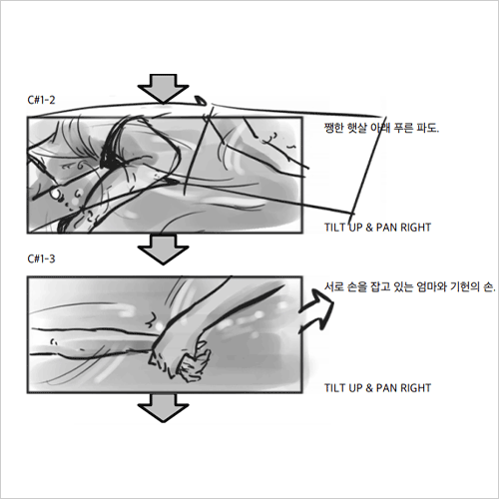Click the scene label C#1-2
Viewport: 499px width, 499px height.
tap(41, 100)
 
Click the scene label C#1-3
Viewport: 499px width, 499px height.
tap(41, 258)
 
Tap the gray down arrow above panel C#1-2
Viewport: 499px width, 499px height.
tap(164, 89)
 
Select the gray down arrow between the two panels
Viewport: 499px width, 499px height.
tap(164, 249)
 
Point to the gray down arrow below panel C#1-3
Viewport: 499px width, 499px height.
tap(164, 408)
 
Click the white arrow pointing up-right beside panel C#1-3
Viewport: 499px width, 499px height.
tap(316, 309)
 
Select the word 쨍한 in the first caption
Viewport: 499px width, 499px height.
tap(334, 128)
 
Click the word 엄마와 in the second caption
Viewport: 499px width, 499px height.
tap(431, 286)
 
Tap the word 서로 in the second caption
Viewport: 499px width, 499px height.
tap(334, 286)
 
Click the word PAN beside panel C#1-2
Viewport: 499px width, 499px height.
tap(387, 228)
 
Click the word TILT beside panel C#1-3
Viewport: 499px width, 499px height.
tap(334, 388)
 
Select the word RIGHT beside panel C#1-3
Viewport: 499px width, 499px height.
tap(415, 388)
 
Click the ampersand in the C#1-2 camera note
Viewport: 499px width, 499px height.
tap(369, 228)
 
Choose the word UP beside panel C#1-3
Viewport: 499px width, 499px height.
tap(355, 388)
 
